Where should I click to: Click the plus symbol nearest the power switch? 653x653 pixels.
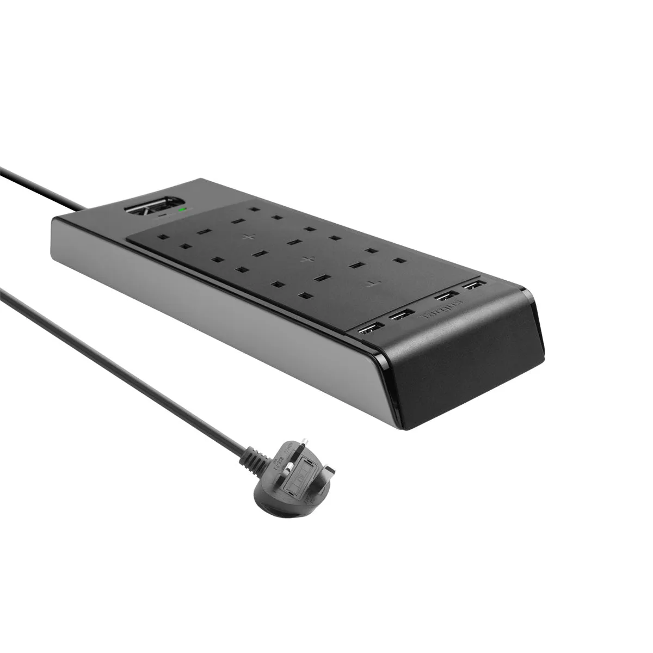[249, 237]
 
